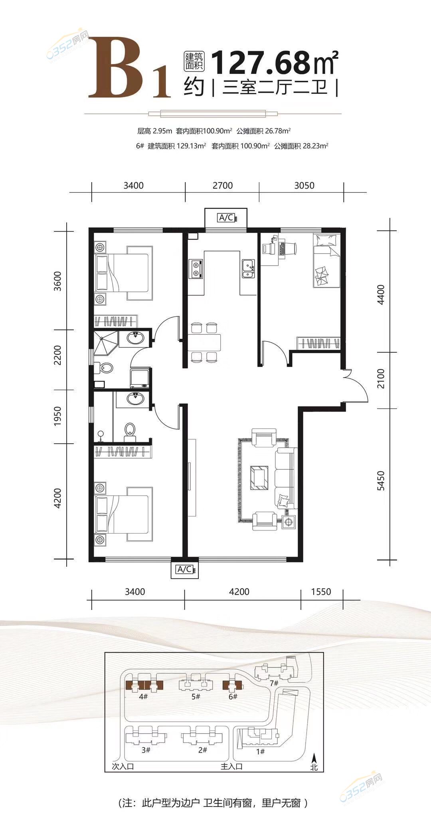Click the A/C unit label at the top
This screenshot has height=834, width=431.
[226, 218]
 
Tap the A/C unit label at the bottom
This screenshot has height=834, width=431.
[184, 569]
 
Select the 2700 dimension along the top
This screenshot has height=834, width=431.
[223, 185]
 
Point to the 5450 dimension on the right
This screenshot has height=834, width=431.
[381, 481]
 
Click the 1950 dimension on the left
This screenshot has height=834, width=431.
[58, 416]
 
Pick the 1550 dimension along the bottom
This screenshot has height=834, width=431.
[321, 592]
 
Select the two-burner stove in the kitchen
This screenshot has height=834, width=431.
[196, 268]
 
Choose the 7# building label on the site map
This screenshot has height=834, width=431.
[274, 683]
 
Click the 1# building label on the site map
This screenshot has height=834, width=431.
[260, 751]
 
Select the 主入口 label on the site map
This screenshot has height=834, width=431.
[231, 766]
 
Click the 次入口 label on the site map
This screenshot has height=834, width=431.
[123, 766]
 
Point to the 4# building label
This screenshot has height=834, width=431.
[143, 697]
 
